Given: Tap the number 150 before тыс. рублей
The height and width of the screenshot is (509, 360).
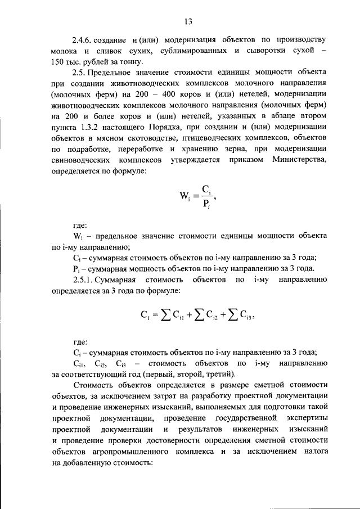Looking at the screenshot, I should pos(58,62).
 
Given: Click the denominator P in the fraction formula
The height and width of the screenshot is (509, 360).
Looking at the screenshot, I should pos(205,204).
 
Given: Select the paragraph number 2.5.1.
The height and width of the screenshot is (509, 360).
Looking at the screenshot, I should pos(85,280).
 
